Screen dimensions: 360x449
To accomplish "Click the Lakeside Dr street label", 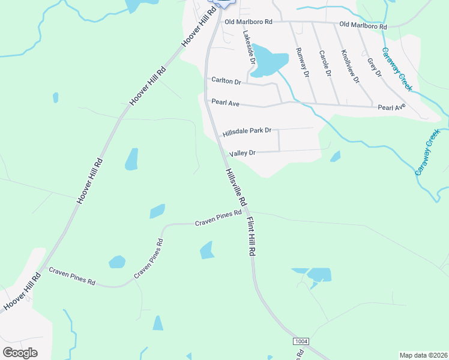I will pyautogui.click(x=250, y=48).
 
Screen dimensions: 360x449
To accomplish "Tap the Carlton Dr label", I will pyautogui.click(x=226, y=80).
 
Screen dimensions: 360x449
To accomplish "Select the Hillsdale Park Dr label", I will pyautogui.click(x=247, y=131).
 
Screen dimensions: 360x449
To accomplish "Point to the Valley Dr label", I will pyautogui.click(x=243, y=153).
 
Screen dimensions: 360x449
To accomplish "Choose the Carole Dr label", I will pyautogui.click(x=325, y=63).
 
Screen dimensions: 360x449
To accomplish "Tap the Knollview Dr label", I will pyautogui.click(x=350, y=67).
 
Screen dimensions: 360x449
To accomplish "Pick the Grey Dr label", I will pyautogui.click(x=375, y=67).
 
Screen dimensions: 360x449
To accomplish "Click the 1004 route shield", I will pyautogui.click(x=301, y=341).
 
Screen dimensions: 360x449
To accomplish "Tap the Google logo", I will pyautogui.click(x=20, y=352).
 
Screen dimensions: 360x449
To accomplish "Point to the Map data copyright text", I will pyautogui.click(x=423, y=355).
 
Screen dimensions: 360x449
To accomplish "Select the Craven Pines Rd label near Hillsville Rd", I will pyautogui.click(x=218, y=218).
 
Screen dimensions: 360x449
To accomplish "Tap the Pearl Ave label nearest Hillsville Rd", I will pyautogui.click(x=226, y=103).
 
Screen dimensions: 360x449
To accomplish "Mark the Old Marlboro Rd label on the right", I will pyautogui.click(x=363, y=26).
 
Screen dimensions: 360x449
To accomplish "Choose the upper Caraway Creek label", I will pyautogui.click(x=397, y=69).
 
